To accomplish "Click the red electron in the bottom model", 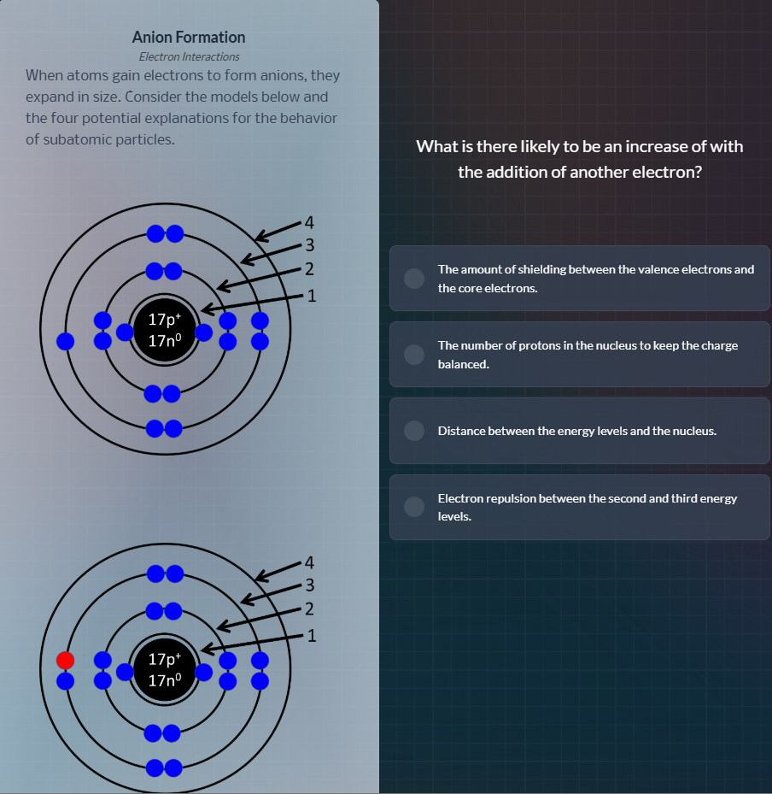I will pos(66,660).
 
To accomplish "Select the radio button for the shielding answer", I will pos(414,279).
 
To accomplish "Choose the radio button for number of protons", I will pos(414,355).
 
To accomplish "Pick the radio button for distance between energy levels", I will pos(414,431).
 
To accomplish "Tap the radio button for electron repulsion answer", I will pos(414,507).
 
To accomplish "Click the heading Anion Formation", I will pos(189,38).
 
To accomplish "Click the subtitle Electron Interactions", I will pos(189,56).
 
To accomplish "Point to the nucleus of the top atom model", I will pos(164,330).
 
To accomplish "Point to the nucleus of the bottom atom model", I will pos(164,669).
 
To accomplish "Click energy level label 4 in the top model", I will pos(310,223).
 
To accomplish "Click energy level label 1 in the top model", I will pos(312,297).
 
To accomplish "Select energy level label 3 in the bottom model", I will pos(311,586).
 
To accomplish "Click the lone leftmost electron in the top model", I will pos(66,341).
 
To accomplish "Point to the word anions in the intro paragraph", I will pos(255,75).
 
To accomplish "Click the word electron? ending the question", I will pos(666,172).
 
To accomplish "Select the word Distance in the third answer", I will pos(460,431).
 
